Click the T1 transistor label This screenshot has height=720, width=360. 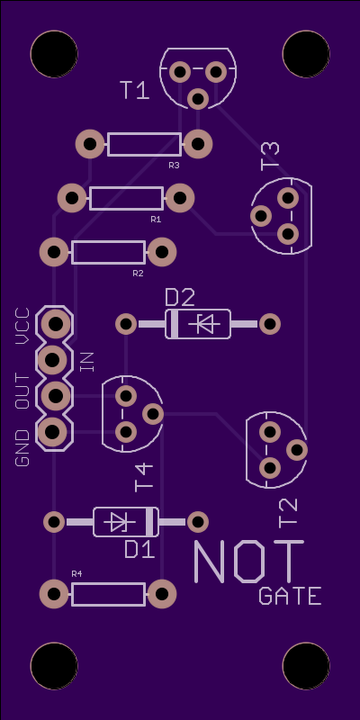coord(135,91)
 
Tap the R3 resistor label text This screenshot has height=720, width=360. coord(174,166)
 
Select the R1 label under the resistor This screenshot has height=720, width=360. coord(156,220)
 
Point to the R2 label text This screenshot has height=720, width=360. coord(139,274)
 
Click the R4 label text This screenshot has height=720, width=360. coord(76,573)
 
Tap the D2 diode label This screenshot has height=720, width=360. coord(179,298)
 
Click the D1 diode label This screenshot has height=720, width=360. coord(139,550)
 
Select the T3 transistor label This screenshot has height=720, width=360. coord(271,156)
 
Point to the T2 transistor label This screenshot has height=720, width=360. coord(288,512)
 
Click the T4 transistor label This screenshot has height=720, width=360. coord(144,477)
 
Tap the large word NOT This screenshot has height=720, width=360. coord(248,562)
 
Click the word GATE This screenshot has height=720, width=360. coord(290,596)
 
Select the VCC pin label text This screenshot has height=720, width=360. coord(22,326)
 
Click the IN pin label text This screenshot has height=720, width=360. coord(86,363)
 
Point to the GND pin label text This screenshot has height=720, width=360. coord(22,448)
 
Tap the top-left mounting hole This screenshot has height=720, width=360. coord(54,54)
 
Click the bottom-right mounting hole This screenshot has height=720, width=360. coord(306,666)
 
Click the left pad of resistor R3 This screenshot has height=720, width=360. coord(90,144)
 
